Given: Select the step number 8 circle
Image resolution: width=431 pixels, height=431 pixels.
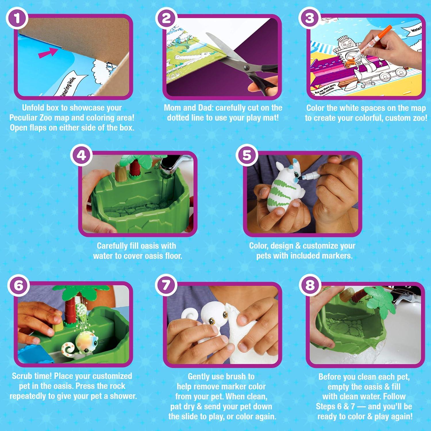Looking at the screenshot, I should (309, 285).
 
